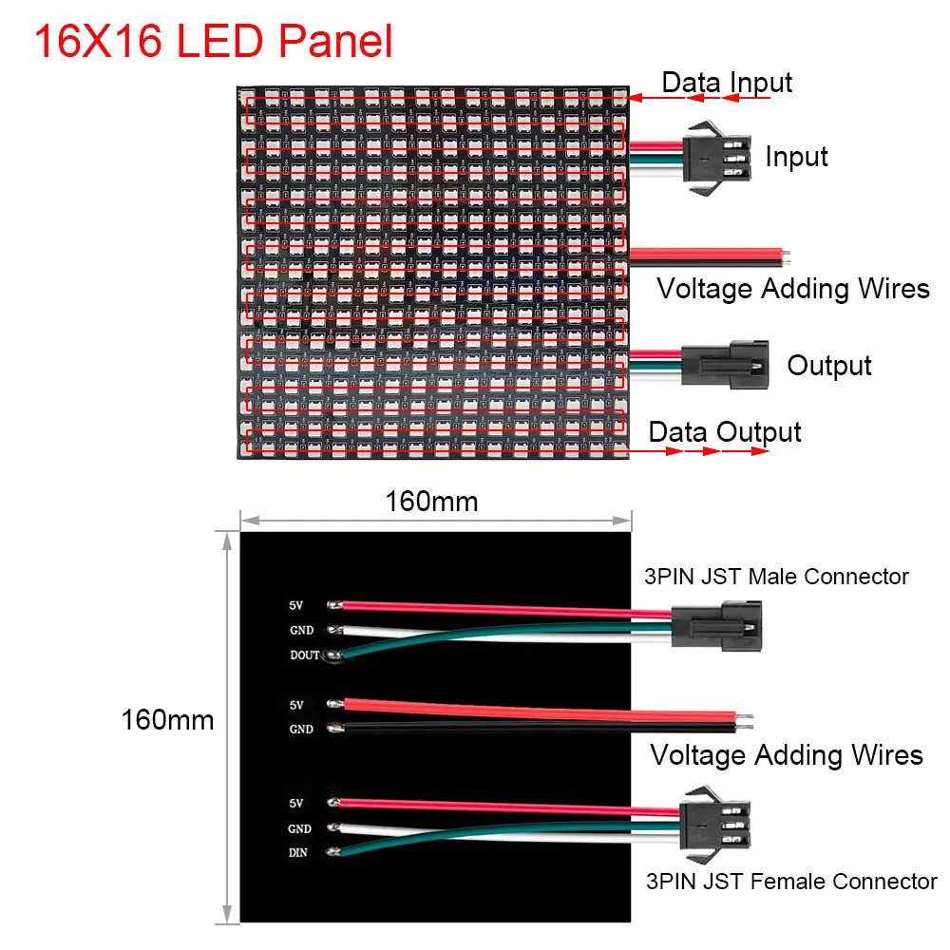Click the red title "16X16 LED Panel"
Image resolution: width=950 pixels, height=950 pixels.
click(x=213, y=41)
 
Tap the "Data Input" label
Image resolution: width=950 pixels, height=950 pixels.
click(x=727, y=83)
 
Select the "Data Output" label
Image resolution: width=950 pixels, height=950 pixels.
click(x=725, y=432)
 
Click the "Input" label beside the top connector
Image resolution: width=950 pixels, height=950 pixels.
click(x=796, y=157)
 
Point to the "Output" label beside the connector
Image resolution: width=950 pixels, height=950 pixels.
click(x=828, y=366)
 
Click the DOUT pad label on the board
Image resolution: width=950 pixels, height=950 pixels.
click(x=305, y=655)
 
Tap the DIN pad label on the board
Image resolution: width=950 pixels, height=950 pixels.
click(x=298, y=852)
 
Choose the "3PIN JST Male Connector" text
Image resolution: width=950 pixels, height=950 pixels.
click(x=776, y=577)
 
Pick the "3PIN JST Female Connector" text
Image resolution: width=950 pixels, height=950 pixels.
click(x=791, y=882)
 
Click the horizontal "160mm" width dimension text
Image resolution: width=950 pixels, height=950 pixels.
click(x=431, y=502)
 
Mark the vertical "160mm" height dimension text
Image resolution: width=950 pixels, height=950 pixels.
click(x=167, y=720)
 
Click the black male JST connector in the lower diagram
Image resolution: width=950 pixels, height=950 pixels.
click(x=716, y=625)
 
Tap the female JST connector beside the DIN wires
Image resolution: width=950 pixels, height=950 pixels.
click(x=715, y=824)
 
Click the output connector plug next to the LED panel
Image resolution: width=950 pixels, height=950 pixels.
click(x=725, y=364)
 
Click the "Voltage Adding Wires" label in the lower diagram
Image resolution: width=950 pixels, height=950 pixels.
click(x=787, y=755)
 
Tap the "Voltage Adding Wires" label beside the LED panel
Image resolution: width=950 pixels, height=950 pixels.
click(x=793, y=289)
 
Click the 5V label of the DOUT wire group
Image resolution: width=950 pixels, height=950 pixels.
click(x=295, y=605)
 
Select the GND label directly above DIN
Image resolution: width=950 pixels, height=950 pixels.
click(x=300, y=828)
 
